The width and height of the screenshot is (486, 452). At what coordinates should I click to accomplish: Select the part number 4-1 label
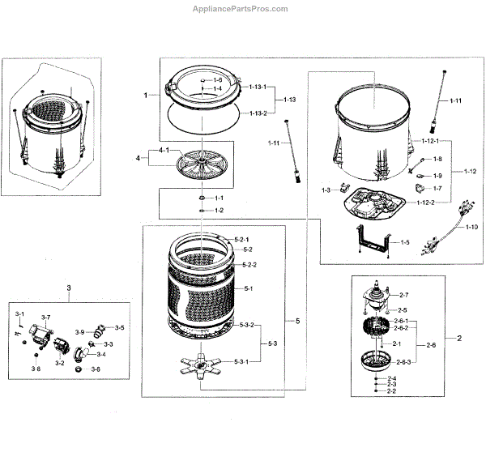tap(164, 151)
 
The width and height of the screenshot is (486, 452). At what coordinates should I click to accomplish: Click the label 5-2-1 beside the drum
tap(242, 240)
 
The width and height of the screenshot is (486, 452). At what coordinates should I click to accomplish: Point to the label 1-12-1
tap(429, 143)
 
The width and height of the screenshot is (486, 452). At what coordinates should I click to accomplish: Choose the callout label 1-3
tap(326, 190)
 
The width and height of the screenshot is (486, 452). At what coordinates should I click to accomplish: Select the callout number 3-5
tap(119, 327)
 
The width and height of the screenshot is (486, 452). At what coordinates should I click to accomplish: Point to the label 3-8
tap(36, 369)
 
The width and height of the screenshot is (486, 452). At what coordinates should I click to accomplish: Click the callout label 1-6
tap(217, 81)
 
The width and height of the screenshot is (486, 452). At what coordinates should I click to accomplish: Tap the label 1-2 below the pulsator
tap(219, 211)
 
